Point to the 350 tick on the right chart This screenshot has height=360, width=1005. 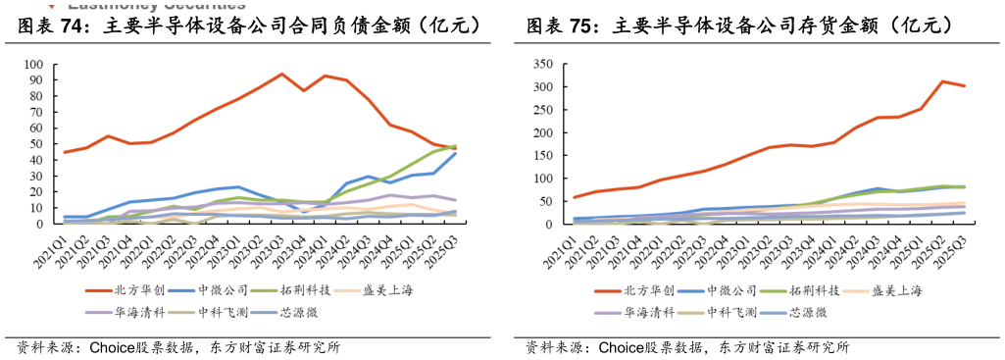pyautogui.click(x=542, y=65)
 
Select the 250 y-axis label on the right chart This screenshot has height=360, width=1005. pyautogui.click(x=542, y=110)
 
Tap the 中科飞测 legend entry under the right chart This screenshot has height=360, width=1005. pyautogui.click(x=726, y=312)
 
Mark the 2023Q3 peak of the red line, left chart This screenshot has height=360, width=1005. pyautogui.click(x=282, y=74)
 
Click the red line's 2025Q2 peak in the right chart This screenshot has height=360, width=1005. pyautogui.click(x=942, y=81)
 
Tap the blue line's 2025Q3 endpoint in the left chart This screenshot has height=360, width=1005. pyautogui.click(x=455, y=153)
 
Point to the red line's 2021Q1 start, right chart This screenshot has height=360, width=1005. pyautogui.click(x=575, y=197)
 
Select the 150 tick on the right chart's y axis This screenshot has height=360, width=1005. pyautogui.click(x=542, y=156)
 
